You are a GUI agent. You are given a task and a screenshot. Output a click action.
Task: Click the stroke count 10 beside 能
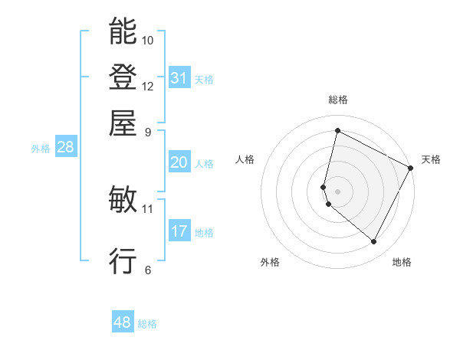pos(148,40)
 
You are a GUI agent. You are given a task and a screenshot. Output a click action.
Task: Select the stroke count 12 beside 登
pos(148,86)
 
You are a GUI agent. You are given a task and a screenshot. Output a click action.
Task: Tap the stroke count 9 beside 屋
pos(148,132)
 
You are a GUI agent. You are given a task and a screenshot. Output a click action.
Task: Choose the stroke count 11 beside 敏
pos(148,208)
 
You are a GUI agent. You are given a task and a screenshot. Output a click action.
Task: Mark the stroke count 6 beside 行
pos(148,270)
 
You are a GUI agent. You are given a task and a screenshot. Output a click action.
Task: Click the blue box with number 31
pos(179,78)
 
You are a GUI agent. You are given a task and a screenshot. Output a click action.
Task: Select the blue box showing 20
pos(179,162)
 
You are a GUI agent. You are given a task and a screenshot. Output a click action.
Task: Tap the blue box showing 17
pos(179,231)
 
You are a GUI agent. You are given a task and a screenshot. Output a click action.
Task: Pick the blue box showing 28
pos(65,148)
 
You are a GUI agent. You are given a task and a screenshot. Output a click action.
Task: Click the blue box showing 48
pos(123,322)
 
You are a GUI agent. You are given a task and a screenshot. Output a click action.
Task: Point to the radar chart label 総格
pos(338,100)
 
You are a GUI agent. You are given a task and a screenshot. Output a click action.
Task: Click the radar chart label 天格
pos(431,159)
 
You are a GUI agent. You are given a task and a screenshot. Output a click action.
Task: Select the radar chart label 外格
pos(270,262)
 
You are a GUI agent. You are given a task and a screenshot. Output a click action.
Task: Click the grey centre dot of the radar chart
pos(337,191)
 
